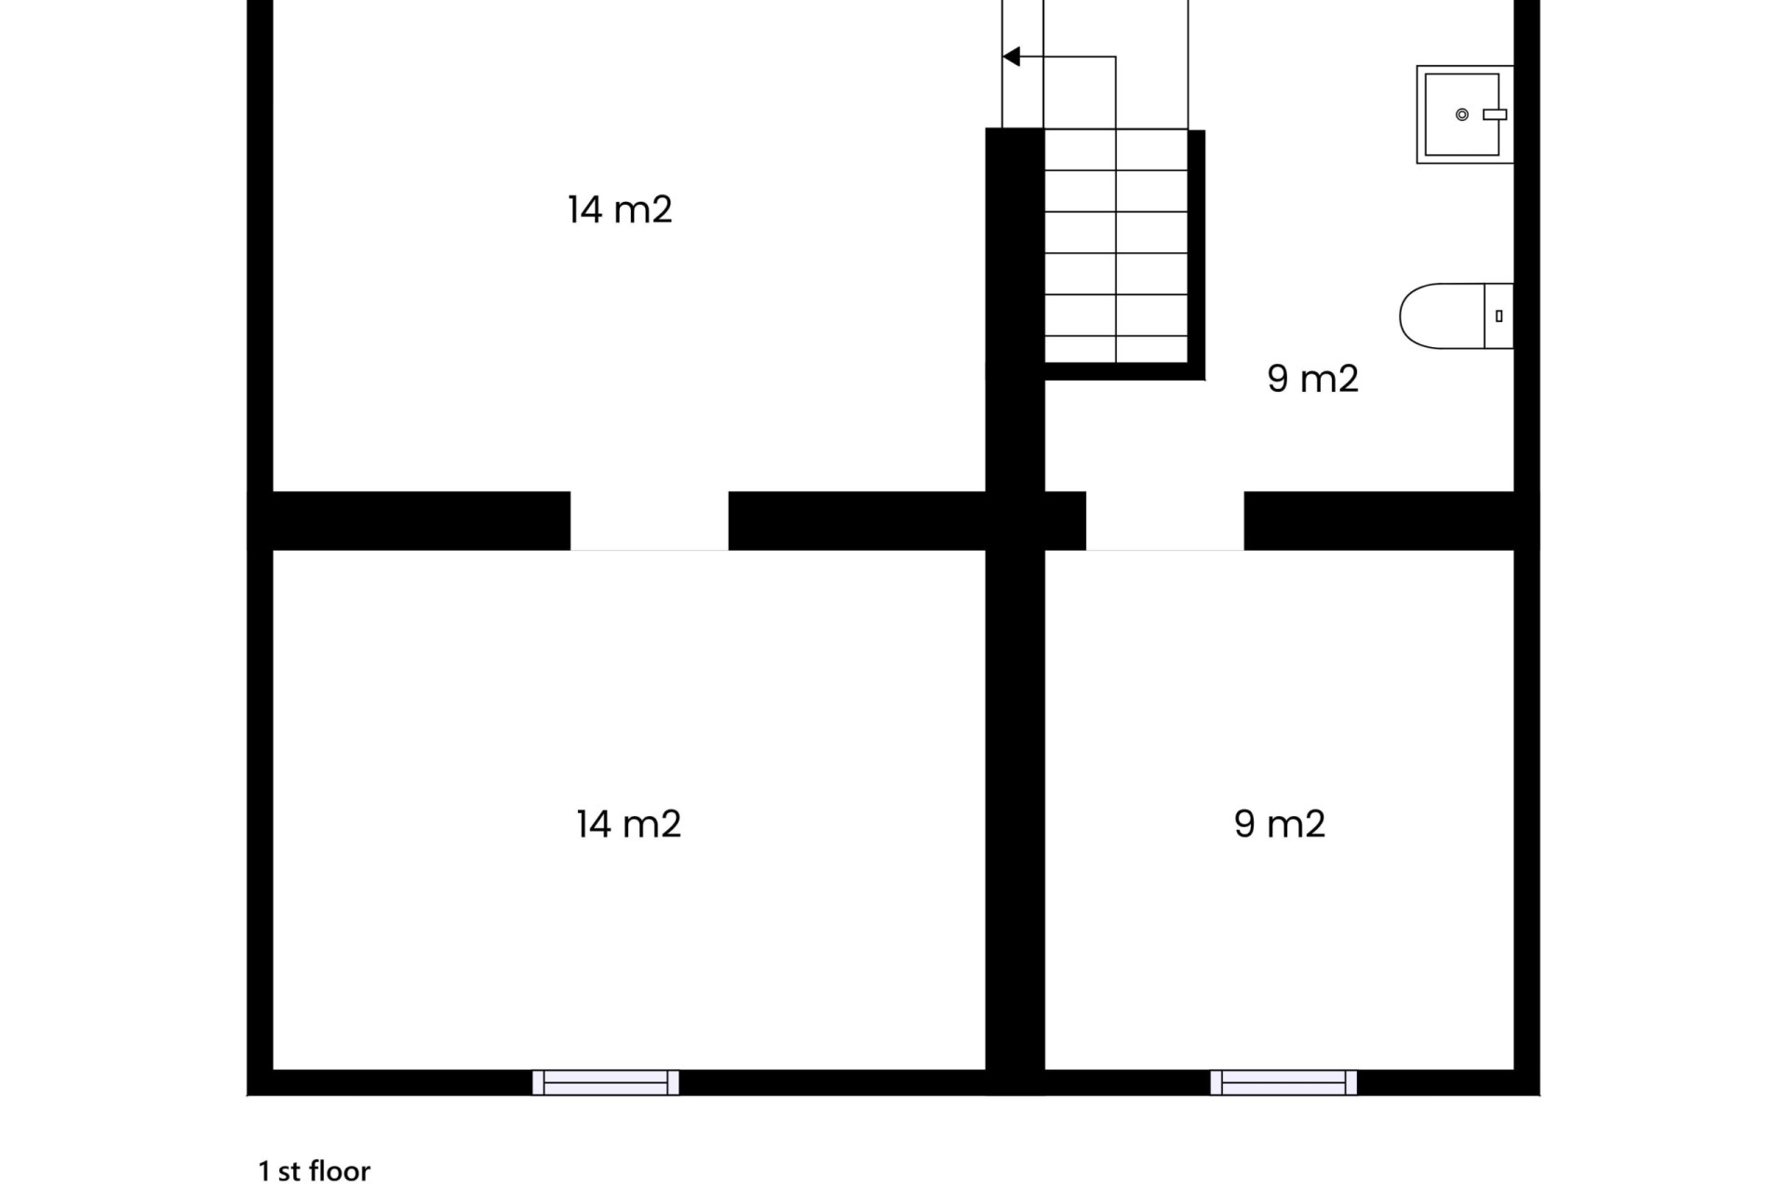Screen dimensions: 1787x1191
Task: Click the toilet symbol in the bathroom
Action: point(1457,316)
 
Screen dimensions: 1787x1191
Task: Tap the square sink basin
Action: point(1465,114)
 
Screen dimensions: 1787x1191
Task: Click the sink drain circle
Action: point(1462,114)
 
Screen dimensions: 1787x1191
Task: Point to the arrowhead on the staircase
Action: point(1012,57)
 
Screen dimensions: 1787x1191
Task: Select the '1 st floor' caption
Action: point(315,1171)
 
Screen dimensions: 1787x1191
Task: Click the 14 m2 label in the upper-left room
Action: point(620,209)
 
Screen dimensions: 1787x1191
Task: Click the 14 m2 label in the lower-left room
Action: point(628,824)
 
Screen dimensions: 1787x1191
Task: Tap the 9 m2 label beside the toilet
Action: point(1312,379)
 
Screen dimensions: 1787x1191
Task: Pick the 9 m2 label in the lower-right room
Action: point(1279,824)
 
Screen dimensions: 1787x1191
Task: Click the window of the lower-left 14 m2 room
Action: point(606,1082)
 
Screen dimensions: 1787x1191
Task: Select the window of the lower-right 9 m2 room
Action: point(1283,1082)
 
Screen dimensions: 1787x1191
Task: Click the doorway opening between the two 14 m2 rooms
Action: point(650,521)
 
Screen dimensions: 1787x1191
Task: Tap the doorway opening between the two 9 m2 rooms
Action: point(1165,521)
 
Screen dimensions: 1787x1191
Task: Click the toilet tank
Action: point(1498,316)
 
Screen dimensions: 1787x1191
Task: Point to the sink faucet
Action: point(1495,114)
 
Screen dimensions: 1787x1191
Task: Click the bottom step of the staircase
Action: point(1116,349)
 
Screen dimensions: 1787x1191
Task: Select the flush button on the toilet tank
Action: point(1498,316)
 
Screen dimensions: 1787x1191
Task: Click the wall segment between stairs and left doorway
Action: point(857,521)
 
